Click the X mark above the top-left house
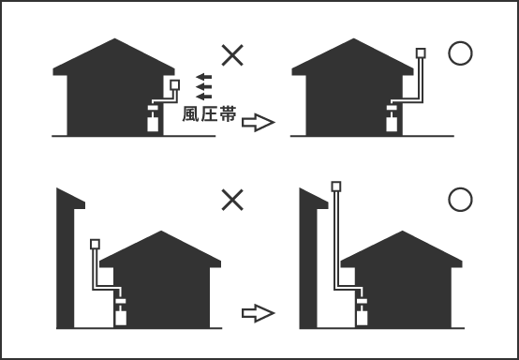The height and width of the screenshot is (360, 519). click(x=234, y=53)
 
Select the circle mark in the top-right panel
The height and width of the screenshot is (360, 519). click(x=459, y=54)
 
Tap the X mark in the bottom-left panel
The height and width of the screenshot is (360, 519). click(x=233, y=199)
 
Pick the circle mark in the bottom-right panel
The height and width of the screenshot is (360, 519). click(x=459, y=200)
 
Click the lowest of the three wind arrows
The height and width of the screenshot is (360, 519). click(x=203, y=96)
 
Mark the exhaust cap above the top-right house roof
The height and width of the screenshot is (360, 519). click(x=421, y=53)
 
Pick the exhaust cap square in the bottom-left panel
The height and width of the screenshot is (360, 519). click(x=94, y=245)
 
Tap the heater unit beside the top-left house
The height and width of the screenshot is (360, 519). click(x=153, y=122)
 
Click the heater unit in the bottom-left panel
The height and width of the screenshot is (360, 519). click(x=120, y=313)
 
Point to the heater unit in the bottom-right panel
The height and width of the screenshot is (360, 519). click(x=361, y=313)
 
